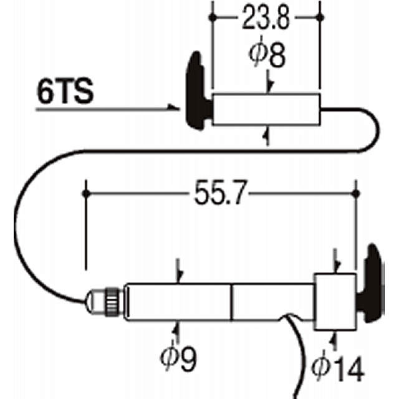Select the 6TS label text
tap(65, 92)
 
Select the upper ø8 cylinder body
tap(266, 110)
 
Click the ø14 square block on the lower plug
tap(335, 302)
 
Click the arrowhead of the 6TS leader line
tap(176, 108)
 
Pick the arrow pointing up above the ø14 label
tap(335, 339)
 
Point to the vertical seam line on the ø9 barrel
tap(233, 302)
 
